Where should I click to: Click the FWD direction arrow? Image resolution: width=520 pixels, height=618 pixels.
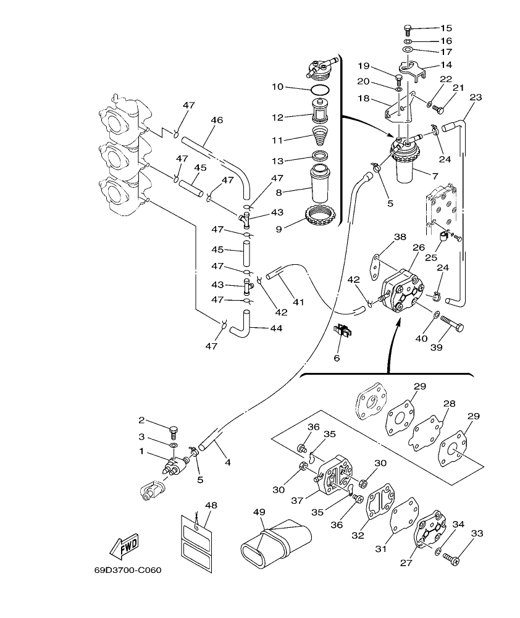click(124, 546)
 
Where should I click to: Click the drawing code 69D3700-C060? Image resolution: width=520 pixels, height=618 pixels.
click(128, 570)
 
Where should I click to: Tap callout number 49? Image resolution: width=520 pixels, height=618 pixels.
click(259, 512)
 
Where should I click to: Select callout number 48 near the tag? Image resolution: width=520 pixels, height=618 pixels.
click(211, 505)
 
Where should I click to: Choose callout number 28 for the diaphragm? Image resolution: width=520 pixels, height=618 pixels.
click(450, 403)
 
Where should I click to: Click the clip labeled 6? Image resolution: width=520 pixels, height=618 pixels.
click(343, 332)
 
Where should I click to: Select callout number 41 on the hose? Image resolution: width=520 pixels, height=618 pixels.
click(298, 303)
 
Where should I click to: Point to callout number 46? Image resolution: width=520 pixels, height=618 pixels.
click(216, 120)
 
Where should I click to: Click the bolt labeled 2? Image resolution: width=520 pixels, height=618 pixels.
click(173, 429)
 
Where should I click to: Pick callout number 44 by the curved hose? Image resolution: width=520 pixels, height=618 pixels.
click(276, 328)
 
